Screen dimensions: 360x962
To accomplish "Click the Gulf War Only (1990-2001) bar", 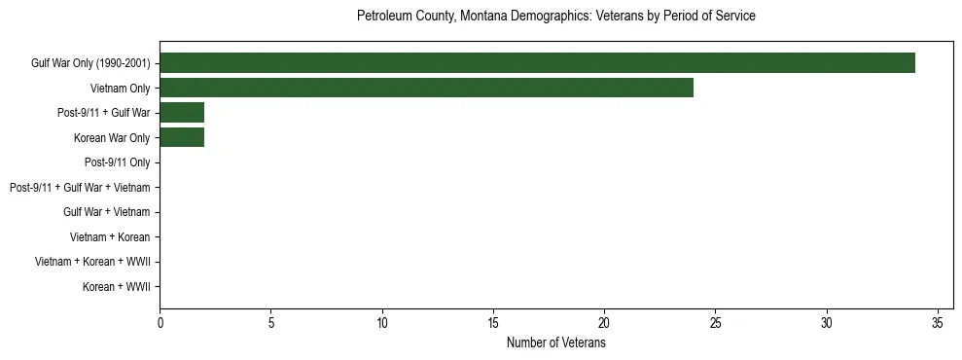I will tap(537, 63).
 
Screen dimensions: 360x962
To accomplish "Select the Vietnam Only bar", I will tap(426, 88).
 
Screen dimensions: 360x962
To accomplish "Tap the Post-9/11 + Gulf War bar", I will tap(182, 113).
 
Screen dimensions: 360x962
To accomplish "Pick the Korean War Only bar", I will tap(182, 137).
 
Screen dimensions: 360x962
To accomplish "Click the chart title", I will tap(555, 17).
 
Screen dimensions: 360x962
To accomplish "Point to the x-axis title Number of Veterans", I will tap(555, 343).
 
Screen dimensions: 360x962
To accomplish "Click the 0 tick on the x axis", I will tap(160, 322).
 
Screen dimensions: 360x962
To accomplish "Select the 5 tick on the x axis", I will tap(271, 322).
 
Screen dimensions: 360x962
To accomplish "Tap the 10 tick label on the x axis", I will tap(382, 322).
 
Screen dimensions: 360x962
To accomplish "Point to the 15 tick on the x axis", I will tap(493, 322).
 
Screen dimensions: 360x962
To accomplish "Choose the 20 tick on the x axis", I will tap(604, 322).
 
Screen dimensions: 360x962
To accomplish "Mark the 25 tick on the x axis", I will tap(715, 322).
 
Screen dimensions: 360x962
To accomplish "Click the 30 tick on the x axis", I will tap(827, 322).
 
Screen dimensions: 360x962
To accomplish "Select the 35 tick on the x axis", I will tap(938, 322).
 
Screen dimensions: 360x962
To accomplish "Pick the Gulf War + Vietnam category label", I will tap(106, 212).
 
